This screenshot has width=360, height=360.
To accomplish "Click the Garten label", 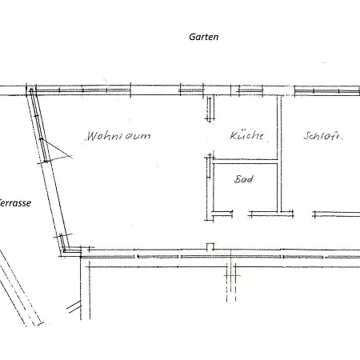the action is click(x=204, y=37).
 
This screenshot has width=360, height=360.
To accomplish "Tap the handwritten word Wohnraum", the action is click(x=118, y=136).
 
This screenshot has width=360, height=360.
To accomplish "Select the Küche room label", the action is click(x=246, y=135).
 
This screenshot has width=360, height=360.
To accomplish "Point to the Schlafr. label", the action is click(x=322, y=136).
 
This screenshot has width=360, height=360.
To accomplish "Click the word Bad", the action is click(x=244, y=179).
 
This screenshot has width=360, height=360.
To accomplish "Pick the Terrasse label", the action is click(x=15, y=203).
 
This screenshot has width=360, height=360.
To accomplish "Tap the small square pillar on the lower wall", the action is click(x=210, y=246).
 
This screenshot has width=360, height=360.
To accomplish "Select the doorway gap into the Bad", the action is click(x=241, y=214).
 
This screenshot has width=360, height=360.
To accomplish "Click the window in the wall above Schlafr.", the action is click(x=327, y=91).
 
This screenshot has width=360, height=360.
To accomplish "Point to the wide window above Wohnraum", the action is click(x=83, y=90).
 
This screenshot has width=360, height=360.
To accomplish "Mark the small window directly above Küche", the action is click(x=250, y=90).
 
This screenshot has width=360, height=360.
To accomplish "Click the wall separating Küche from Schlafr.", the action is click(x=279, y=154).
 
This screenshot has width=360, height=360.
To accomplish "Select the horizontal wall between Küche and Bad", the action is click(x=246, y=162).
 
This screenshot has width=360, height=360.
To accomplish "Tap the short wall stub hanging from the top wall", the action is click(x=210, y=109).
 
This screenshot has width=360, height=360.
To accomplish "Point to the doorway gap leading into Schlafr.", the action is click(x=303, y=214).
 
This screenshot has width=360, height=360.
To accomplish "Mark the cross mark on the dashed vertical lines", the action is click(x=231, y=275).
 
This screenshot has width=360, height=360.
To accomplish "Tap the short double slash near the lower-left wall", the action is click(x=74, y=306).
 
